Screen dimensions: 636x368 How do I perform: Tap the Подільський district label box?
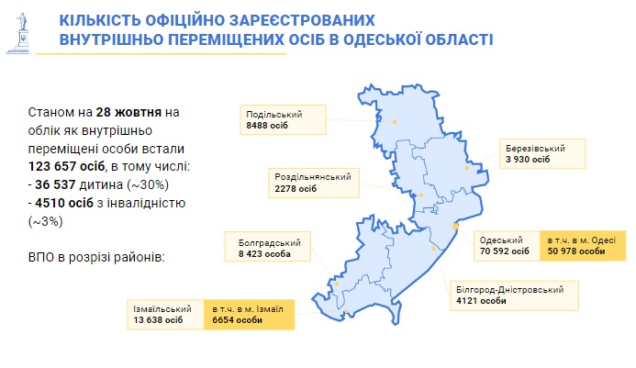click(x=283, y=119)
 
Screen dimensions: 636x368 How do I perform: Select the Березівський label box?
click(x=542, y=154)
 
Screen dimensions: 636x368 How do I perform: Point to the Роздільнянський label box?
click(x=314, y=183)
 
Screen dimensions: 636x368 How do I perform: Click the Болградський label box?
click(x=268, y=246)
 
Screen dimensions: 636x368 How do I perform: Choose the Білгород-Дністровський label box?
click(x=514, y=296)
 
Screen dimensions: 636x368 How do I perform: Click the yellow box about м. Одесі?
click(x=583, y=245)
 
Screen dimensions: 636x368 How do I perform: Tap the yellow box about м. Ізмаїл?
click(x=249, y=315)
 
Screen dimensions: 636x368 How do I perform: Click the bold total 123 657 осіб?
click(x=66, y=166)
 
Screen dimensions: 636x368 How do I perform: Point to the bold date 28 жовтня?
click(x=128, y=112)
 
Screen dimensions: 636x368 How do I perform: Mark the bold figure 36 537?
click(x=55, y=184)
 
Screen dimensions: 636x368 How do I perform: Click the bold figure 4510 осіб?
click(x=64, y=203)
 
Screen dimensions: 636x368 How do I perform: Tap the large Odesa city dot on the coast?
click(x=455, y=226)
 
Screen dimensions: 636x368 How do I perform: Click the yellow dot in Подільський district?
click(x=395, y=122)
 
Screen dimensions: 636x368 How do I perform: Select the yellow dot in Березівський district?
click(x=467, y=168)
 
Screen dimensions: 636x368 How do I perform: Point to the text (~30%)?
click(x=148, y=185)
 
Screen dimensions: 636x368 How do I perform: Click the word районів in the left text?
click(x=139, y=258)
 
